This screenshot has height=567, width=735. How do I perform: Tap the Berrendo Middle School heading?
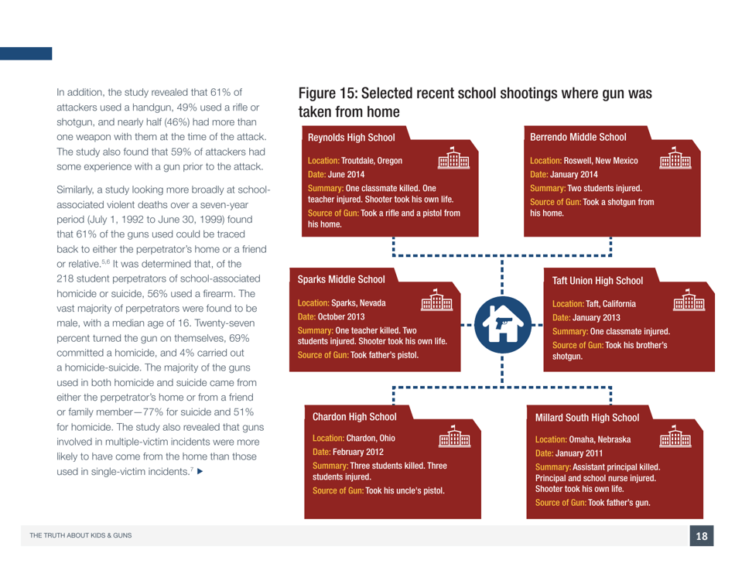click(x=578, y=137)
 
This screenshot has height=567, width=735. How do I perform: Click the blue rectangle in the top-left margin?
click(x=26, y=53)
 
